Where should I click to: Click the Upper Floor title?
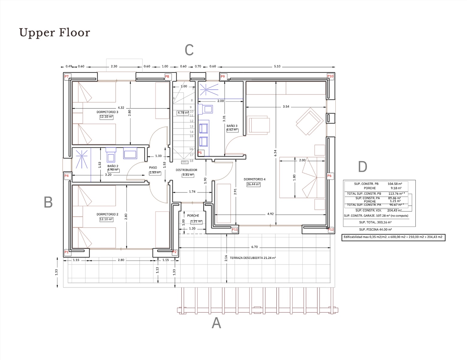coord(55,33)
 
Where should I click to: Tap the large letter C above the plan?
coord(189,50)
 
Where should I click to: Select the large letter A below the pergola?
coord(216,323)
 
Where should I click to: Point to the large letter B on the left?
coord(48,202)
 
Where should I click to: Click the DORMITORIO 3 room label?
coord(107,112)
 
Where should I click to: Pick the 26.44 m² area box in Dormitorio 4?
coord(253,184)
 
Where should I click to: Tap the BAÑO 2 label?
coord(113,166)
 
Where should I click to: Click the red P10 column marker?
coord(330,76)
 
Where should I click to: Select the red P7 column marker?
coord(67,76)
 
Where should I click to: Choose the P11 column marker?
coord(235,229)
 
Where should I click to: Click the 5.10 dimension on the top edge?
coord(277,66)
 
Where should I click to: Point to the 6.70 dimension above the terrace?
coord(254,247)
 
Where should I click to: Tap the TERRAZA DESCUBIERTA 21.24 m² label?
coord(253,258)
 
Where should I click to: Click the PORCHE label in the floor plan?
coord(193,215)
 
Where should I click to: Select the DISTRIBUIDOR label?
coord(186,170)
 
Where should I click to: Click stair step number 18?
coord(191,161)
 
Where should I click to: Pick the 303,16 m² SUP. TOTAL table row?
coord(375,222)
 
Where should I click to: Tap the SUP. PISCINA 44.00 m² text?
coord(375,229)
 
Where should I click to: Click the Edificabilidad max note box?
coord(393,237)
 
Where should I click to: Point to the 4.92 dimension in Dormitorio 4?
coord(270,214)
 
